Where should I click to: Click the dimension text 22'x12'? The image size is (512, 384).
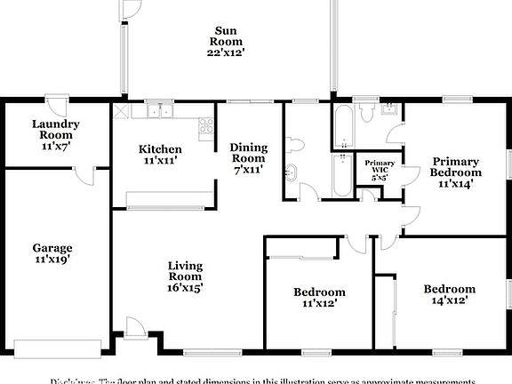click(x=226, y=52)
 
